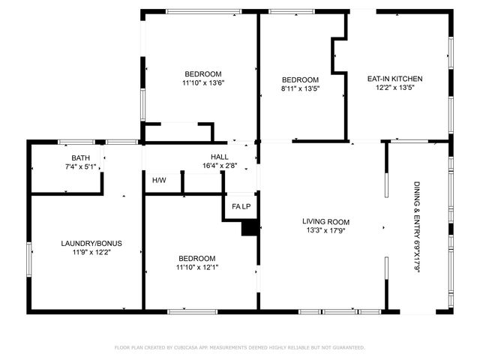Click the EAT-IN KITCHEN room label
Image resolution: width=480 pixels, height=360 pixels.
click(394, 79)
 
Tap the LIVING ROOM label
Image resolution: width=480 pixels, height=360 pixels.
click(326, 222)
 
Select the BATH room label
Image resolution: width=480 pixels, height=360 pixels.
click(80, 157)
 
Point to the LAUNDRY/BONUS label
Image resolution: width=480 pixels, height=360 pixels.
click(91, 244)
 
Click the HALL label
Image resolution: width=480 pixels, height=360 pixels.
click(220, 157)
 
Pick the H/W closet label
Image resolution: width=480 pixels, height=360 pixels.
click(159, 181)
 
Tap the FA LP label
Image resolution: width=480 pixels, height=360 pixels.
click(241, 206)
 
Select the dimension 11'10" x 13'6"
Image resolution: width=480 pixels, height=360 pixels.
click(203, 82)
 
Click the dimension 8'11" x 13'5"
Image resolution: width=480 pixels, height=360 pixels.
click(300, 88)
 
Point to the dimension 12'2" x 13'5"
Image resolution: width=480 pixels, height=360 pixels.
click(394, 88)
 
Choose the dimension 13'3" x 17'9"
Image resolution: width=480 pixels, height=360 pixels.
click(326, 231)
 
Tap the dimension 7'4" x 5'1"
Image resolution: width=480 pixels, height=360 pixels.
click(80, 166)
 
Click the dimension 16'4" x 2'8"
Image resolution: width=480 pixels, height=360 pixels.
click(220, 166)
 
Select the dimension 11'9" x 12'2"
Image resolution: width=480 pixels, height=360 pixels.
click(91, 253)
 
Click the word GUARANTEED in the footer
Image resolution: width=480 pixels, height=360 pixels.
click(347, 348)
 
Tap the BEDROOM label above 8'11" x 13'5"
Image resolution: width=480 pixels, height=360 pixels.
click(300, 80)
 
